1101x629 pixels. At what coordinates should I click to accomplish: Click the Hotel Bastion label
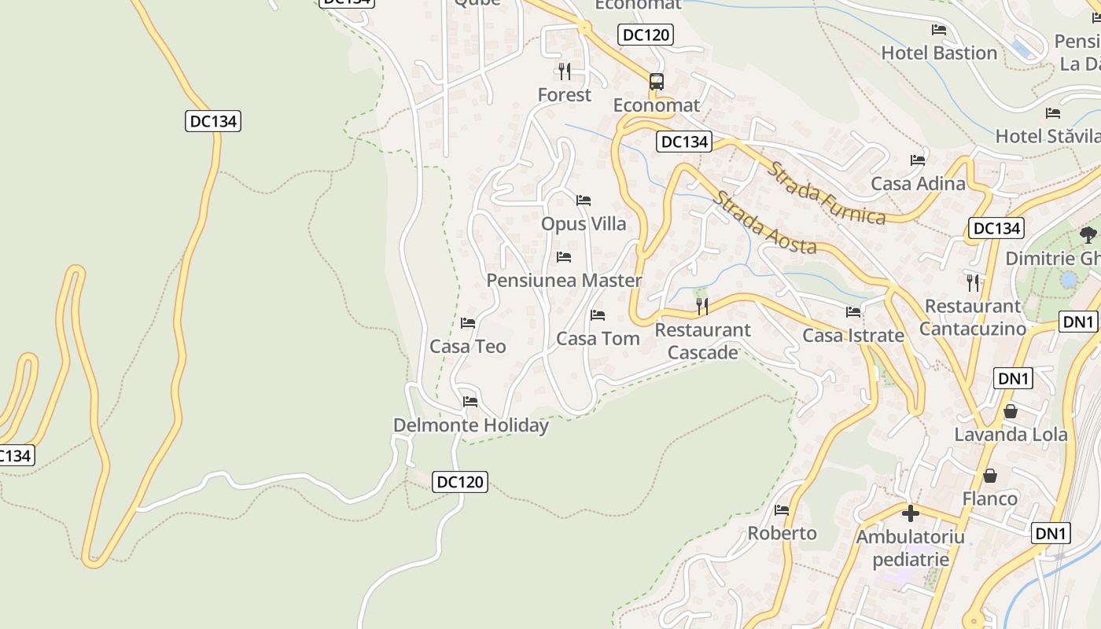(939, 53)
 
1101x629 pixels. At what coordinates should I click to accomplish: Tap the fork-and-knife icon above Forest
(564, 72)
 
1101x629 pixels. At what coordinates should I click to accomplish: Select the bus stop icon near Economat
(656, 81)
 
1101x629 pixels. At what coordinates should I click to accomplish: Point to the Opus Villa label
(584, 224)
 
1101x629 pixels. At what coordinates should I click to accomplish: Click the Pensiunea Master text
(564, 281)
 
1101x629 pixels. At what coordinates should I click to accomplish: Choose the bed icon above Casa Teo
(468, 322)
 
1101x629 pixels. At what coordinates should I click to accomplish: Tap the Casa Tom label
(598, 339)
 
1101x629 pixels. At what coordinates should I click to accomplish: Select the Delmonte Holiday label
(470, 425)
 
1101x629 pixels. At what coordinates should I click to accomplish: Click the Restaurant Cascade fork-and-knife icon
(702, 306)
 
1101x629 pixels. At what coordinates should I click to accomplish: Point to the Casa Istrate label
(852, 336)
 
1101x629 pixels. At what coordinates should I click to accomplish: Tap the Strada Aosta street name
(764, 223)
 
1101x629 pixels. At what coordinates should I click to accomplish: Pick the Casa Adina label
(918, 184)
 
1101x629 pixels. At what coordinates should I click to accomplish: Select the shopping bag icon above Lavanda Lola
(1011, 411)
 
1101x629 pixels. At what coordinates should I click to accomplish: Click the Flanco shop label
(989, 498)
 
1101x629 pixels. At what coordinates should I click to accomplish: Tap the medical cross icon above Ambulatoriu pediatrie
(911, 513)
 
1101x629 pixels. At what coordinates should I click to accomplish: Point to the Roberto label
(782, 533)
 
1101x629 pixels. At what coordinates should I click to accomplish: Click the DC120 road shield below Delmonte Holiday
(460, 482)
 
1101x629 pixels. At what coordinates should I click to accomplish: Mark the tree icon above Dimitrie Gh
(1088, 234)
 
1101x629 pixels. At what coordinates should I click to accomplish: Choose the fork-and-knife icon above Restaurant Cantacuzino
(974, 282)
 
